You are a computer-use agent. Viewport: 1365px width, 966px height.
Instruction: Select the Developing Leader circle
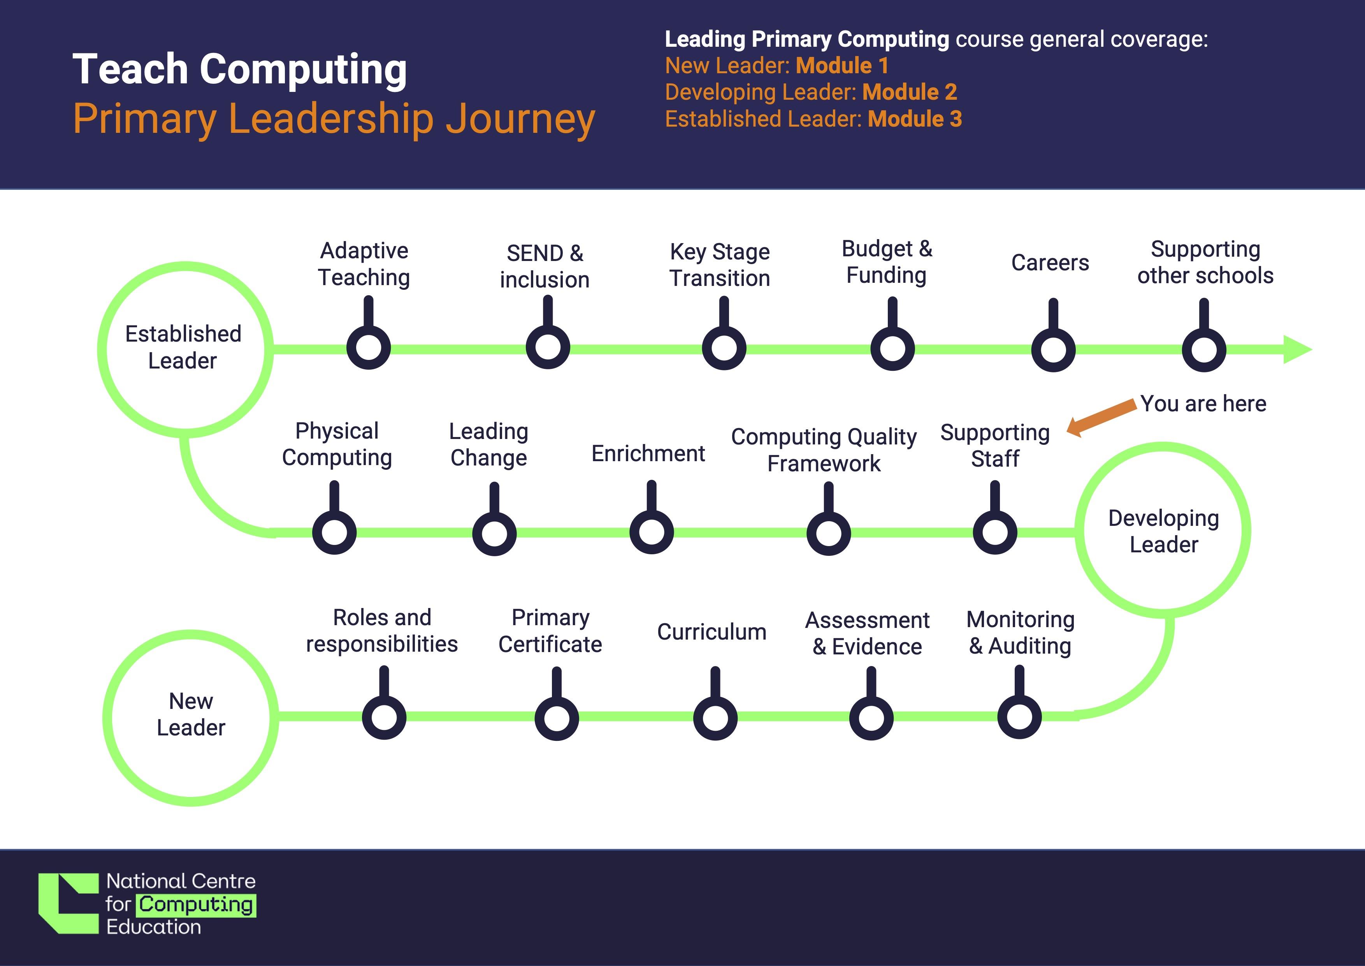click(x=1163, y=531)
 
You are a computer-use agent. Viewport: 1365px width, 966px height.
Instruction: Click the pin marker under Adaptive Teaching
click(x=369, y=347)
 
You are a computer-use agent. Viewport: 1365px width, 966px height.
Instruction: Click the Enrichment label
click(x=648, y=453)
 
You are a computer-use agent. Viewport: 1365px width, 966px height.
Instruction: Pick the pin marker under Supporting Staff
click(x=994, y=531)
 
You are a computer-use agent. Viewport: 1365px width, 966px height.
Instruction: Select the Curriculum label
click(x=711, y=632)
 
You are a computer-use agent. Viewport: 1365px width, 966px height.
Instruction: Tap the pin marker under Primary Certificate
click(x=557, y=718)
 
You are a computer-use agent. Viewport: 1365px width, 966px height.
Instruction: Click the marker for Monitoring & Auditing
click(x=1019, y=716)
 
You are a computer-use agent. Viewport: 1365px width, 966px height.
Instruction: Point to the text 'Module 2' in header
click(x=910, y=92)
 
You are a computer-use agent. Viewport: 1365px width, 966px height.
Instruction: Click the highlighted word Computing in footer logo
click(x=196, y=905)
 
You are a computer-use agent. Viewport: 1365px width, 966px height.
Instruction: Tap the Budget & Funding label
click(x=886, y=262)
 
